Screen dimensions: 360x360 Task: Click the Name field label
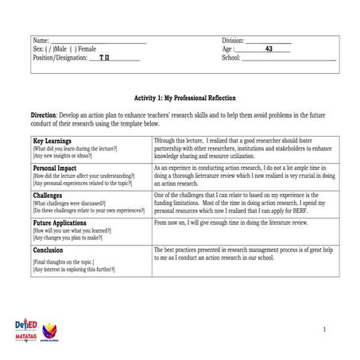tap(41, 40)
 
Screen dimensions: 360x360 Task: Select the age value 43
tap(269, 48)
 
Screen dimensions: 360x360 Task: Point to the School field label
tap(230, 58)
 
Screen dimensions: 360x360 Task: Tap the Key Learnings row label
tap(56, 141)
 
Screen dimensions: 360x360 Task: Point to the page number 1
tap(325, 329)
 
